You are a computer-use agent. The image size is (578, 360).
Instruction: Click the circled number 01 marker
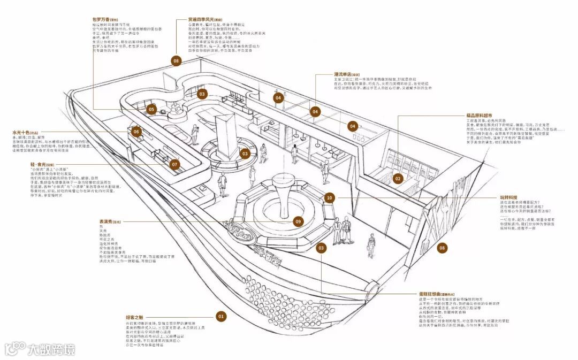(x=220, y=316)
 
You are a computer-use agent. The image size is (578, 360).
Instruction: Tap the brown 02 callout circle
(x=398, y=178)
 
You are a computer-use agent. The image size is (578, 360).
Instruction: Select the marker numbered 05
(x=151, y=110)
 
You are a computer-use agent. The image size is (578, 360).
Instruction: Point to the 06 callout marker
(x=136, y=132)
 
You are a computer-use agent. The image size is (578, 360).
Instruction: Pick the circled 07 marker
(x=174, y=165)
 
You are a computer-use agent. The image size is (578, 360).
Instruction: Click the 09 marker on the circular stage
(x=299, y=221)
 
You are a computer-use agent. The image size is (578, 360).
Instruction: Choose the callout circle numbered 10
(x=329, y=198)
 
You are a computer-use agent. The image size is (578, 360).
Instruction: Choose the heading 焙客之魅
(x=134, y=317)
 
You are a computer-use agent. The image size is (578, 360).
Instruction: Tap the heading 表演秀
(x=107, y=221)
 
